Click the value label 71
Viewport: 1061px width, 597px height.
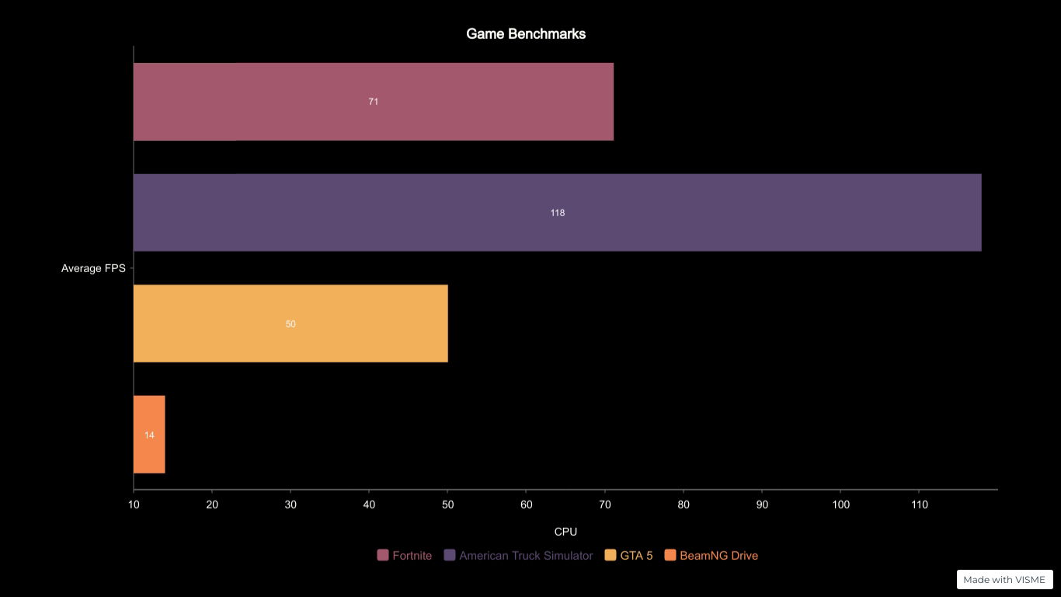pyautogui.click(x=374, y=102)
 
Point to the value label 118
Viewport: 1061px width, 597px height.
pyautogui.click(x=557, y=213)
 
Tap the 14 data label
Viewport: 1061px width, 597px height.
pyautogui.click(x=149, y=435)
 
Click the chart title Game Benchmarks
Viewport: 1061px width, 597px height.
pyautogui.click(x=526, y=34)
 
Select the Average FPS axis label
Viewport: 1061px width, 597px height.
pyautogui.click(x=93, y=268)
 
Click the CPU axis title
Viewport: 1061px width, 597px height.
pyautogui.click(x=565, y=532)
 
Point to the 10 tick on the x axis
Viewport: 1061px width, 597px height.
pyautogui.click(x=134, y=504)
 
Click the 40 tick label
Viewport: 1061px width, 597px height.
pyautogui.click(x=369, y=504)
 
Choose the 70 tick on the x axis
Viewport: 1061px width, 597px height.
pyautogui.click(x=605, y=504)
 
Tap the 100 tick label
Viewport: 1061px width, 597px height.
pyautogui.click(x=840, y=504)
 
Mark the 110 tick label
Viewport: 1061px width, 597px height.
pyautogui.click(x=919, y=504)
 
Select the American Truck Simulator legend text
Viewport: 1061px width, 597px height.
pyautogui.click(x=526, y=556)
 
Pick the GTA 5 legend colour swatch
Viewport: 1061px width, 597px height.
pyautogui.click(x=611, y=555)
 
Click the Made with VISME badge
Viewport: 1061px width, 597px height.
pyautogui.click(x=1004, y=579)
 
